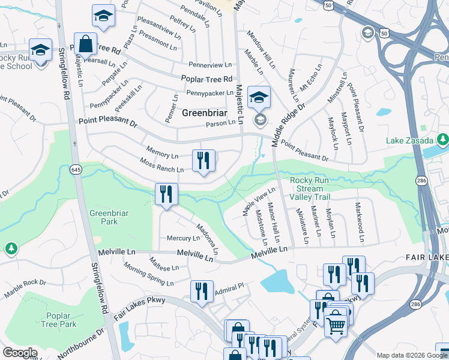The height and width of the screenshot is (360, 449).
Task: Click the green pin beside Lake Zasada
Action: (443, 140)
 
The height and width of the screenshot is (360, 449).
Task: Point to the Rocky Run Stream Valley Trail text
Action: (310, 188)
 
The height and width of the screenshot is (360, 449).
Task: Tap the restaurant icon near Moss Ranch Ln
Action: (203, 160)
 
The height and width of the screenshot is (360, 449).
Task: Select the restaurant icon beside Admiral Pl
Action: (202, 291)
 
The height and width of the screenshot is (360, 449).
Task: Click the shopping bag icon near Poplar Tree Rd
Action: (86, 44)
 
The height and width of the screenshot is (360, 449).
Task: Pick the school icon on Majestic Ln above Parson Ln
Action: (259, 97)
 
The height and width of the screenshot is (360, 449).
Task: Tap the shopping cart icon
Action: (336, 324)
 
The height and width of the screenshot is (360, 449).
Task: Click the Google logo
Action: (19, 353)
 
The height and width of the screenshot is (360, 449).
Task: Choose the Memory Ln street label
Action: (162, 152)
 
